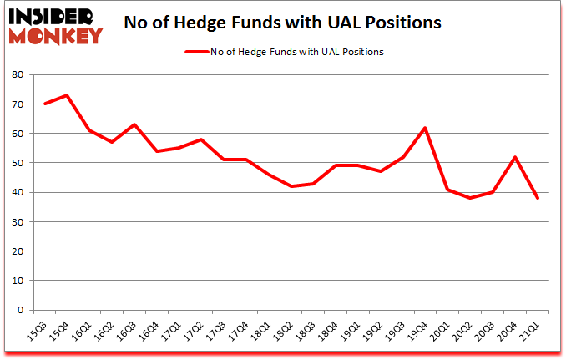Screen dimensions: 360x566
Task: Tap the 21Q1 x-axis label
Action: (531, 329)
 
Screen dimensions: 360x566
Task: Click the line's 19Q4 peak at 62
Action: (425, 127)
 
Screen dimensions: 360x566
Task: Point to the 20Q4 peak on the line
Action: (514, 157)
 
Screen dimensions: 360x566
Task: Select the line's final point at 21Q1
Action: (537, 198)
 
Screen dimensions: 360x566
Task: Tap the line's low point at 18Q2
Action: (291, 186)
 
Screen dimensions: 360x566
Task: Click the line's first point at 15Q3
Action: (44, 104)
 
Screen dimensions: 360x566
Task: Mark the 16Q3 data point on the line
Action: (134, 124)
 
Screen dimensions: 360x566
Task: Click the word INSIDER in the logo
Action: (54, 16)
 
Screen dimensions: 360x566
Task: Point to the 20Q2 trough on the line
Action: (469, 198)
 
